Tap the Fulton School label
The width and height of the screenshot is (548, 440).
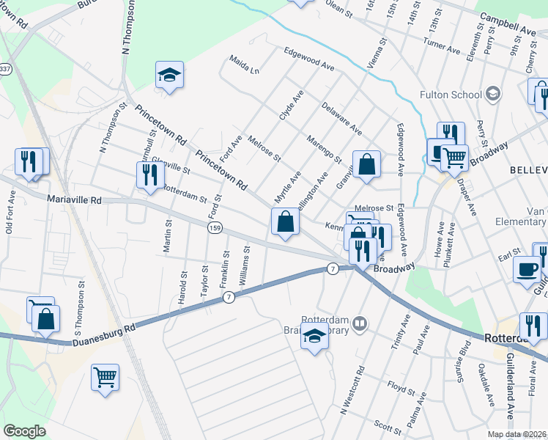(451, 94)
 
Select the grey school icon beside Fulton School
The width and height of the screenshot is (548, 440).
(493, 93)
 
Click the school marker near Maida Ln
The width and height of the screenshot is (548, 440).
(170, 75)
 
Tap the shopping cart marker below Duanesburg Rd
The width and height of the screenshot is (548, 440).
(105, 378)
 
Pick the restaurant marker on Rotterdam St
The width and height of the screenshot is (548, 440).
(149, 175)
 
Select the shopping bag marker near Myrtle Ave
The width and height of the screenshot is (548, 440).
(285, 222)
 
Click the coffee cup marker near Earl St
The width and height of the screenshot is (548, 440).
(527, 269)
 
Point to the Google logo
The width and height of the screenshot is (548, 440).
(24, 431)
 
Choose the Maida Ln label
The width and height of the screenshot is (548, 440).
(244, 65)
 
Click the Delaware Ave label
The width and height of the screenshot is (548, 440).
(341, 118)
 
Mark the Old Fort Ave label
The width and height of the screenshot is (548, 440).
(10, 213)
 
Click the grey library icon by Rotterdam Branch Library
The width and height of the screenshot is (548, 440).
(360, 323)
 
